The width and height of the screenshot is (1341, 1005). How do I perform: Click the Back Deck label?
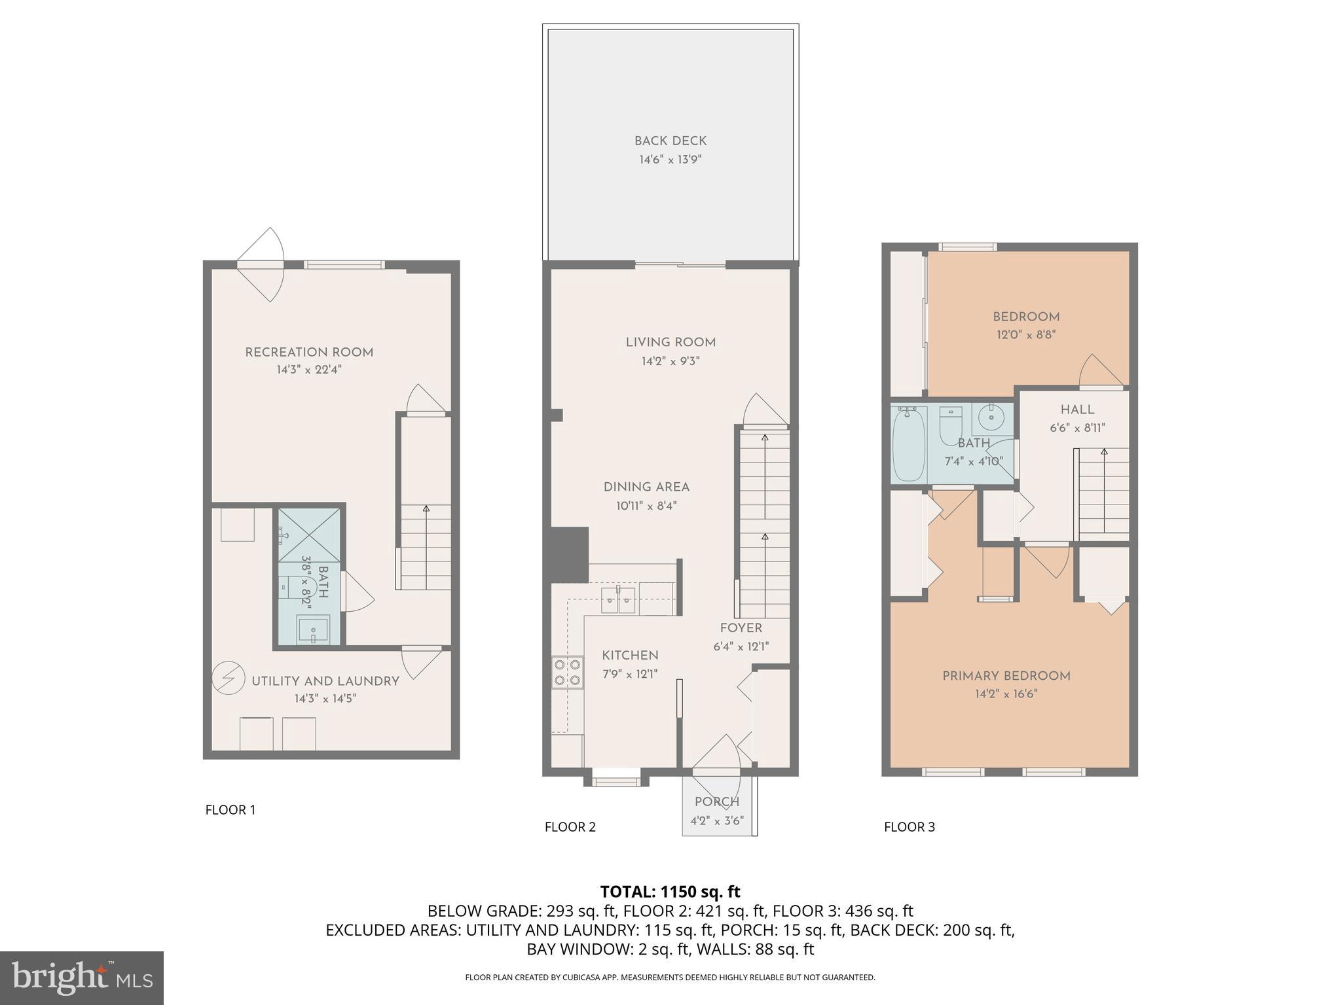pos(670,141)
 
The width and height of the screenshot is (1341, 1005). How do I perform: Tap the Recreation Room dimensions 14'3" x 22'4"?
pos(309,370)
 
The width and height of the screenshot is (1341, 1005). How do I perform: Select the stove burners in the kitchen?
pos(567,672)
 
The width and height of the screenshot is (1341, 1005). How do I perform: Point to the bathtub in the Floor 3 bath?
pos(908,443)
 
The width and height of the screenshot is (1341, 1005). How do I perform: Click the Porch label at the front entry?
pos(717,802)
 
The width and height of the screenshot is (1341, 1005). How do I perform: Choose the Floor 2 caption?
pos(570,827)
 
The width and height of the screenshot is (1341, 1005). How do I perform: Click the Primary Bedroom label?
pos(1006,676)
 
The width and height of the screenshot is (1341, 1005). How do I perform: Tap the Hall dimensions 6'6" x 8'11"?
pos(1077,428)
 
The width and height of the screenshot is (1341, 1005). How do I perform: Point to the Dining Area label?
pos(646,487)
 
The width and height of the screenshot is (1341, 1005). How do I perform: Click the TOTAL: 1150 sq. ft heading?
pos(670,891)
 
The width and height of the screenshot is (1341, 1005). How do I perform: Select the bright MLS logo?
pos(81,978)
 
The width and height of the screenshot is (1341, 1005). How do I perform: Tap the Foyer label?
pos(741,628)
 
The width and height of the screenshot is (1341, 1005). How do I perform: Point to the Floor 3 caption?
pos(909,827)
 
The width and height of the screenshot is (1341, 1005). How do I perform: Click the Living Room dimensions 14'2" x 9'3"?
pos(670,361)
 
